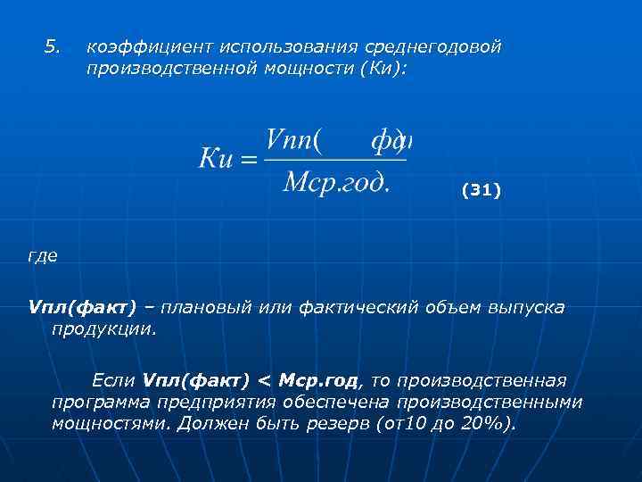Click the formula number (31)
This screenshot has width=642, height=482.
point(481,190)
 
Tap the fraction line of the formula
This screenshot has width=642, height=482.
point(336,161)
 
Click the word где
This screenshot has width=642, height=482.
point(42,257)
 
